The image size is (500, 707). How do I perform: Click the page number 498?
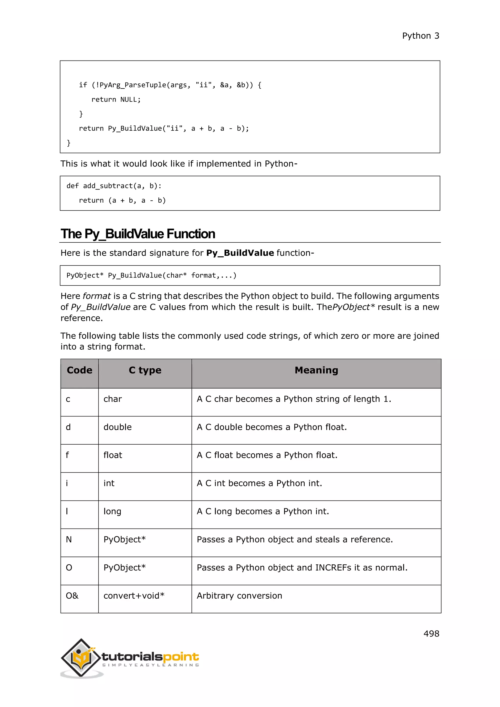tap(431, 634)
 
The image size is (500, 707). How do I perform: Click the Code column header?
tap(79, 370)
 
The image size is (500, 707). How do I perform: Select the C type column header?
tap(145, 370)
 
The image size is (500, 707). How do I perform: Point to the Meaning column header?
tap(316, 370)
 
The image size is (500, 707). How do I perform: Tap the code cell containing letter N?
tap(69, 540)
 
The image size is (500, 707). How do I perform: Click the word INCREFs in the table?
tap(333, 568)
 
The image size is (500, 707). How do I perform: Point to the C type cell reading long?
tap(112, 511)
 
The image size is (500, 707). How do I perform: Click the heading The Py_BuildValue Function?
tap(138, 234)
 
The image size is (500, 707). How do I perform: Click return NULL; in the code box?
tap(116, 99)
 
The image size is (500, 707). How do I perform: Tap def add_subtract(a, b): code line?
tap(114, 186)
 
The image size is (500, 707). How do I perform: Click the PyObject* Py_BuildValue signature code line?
tap(151, 275)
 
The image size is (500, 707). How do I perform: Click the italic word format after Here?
tap(97, 296)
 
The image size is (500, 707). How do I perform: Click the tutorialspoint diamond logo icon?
tap(81, 658)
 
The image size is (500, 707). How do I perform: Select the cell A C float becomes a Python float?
tap(267, 455)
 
